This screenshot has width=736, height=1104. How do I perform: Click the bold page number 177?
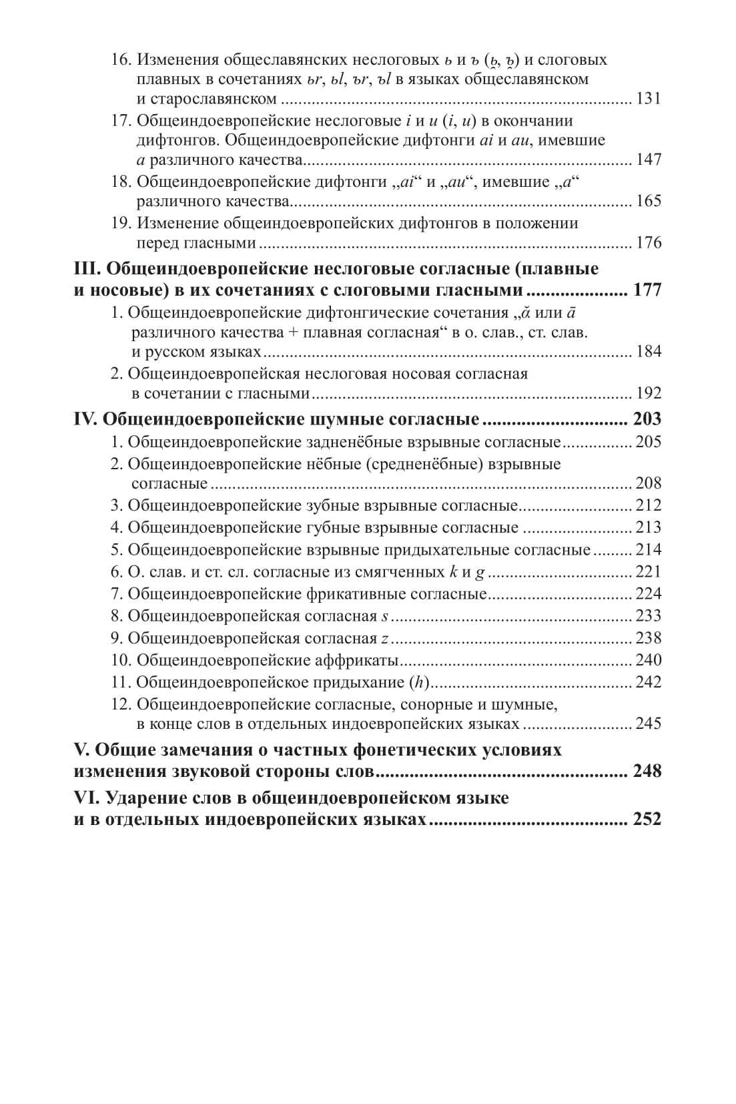pos(647,290)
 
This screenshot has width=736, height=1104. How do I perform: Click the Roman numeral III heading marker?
pos(85,269)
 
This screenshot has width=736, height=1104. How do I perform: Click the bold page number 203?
pos(647,419)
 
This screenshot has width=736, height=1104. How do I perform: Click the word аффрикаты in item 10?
pos(356,661)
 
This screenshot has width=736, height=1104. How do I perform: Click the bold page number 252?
pos(647,819)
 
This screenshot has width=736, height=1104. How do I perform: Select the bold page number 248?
pos(647,772)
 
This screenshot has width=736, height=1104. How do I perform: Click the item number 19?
pos(121,223)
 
